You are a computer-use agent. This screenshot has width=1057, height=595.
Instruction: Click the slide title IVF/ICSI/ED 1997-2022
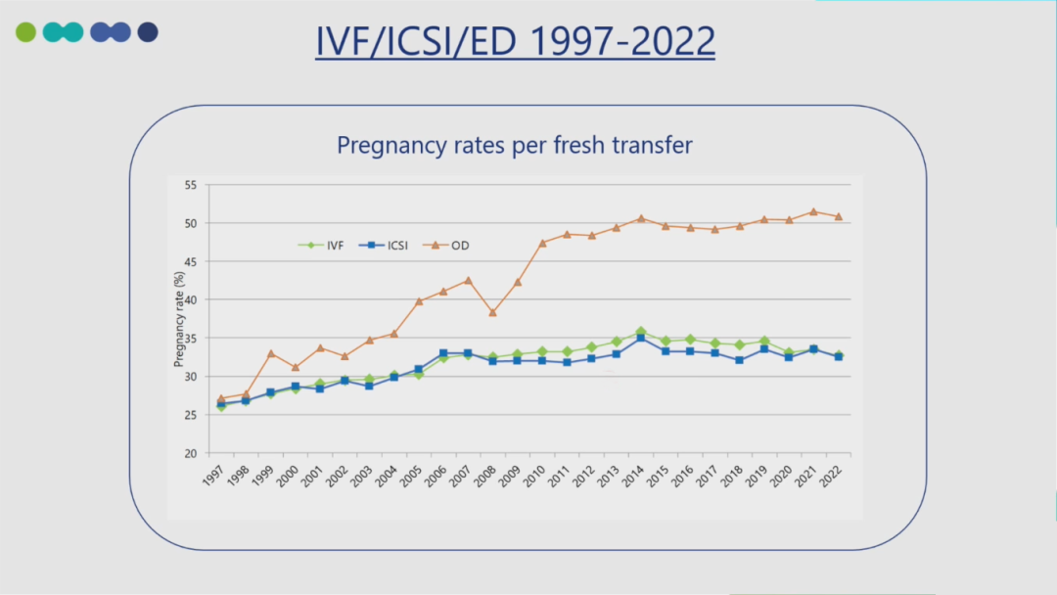[x=515, y=41]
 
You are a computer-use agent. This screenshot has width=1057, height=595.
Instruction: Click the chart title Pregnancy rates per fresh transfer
[x=515, y=145]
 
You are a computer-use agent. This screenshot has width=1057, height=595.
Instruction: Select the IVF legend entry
[x=327, y=245]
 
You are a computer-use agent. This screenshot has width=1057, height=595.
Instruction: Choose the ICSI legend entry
[x=391, y=245]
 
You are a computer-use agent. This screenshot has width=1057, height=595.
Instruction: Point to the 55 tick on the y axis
[x=190, y=185]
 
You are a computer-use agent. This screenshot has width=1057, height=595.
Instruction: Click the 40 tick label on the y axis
[x=190, y=299]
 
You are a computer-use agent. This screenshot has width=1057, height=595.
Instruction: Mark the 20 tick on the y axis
[x=190, y=453]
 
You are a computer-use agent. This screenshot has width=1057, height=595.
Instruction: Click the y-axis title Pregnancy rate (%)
[x=179, y=320]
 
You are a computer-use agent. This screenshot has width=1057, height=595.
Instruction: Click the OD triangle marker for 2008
[x=493, y=313]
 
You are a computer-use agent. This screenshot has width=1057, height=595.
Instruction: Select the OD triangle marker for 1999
[x=271, y=353]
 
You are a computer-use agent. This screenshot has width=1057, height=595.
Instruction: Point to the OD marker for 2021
[x=813, y=211]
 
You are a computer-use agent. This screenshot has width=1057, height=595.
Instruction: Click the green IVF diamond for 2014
[x=641, y=332]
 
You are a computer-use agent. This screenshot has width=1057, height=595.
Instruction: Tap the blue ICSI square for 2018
[x=740, y=360]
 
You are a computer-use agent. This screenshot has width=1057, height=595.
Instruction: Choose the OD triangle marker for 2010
[x=542, y=243]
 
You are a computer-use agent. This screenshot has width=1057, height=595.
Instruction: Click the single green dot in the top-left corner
[x=25, y=32]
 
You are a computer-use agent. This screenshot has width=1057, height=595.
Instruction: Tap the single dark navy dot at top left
[x=148, y=32]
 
